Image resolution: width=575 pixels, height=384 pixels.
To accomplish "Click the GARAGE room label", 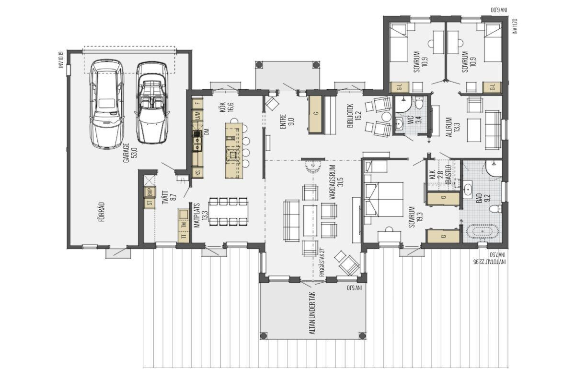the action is point(130,153).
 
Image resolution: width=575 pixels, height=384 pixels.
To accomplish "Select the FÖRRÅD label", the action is point(102,212).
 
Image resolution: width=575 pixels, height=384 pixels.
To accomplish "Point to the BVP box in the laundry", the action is point(150,192).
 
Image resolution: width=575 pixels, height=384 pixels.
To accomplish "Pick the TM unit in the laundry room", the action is point(184,225).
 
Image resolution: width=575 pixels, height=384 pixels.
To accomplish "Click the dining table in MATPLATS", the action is point(229,212).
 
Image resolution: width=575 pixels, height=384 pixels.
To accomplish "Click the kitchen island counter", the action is point(234,150).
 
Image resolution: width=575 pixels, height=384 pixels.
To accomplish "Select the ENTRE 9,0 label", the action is point(287,121).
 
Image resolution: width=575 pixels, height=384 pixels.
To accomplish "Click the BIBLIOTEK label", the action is point(354,116).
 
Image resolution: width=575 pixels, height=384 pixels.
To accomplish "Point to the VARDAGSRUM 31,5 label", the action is point(337,182).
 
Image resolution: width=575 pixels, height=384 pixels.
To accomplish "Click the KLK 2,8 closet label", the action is point(437,174).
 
